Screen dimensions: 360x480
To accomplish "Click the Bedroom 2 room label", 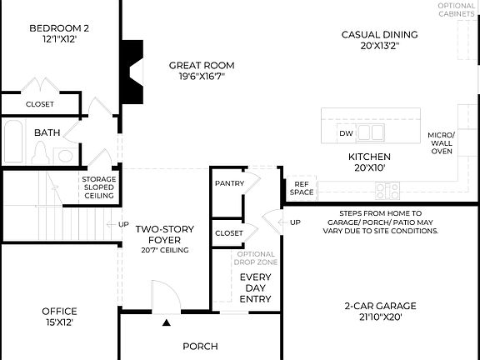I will [x=58, y=33].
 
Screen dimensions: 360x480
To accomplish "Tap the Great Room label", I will [x=201, y=71].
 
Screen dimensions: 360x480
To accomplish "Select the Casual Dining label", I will [x=379, y=40].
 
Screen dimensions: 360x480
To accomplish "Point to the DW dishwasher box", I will [x=346, y=133].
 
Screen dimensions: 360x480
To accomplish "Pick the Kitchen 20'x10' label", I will [x=369, y=162].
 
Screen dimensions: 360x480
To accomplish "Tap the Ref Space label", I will [x=302, y=188].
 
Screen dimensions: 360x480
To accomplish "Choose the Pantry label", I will [x=228, y=183].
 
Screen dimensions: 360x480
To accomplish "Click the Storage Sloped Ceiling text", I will [x=98, y=187].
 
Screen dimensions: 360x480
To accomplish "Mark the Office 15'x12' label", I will [x=59, y=317].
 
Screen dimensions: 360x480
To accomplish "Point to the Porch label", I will [x=200, y=346].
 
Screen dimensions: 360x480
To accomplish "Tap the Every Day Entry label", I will [x=255, y=287].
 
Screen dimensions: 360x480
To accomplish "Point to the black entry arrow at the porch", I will [x=167, y=322].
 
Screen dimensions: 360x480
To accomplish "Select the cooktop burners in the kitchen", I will [x=387, y=191].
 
